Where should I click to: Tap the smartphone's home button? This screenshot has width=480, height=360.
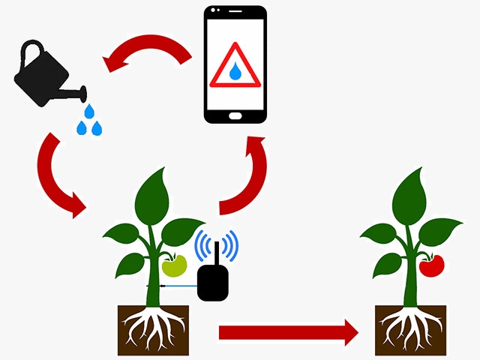pyautogui.click(x=235, y=115)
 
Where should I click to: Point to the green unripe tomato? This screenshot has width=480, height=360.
pyautogui.click(x=175, y=265)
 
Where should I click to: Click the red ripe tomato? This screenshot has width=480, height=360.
pyautogui.click(x=432, y=264)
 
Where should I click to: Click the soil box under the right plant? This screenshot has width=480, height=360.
pyautogui.click(x=412, y=330)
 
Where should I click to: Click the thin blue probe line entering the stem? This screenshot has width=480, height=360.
pyautogui.click(x=180, y=286)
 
